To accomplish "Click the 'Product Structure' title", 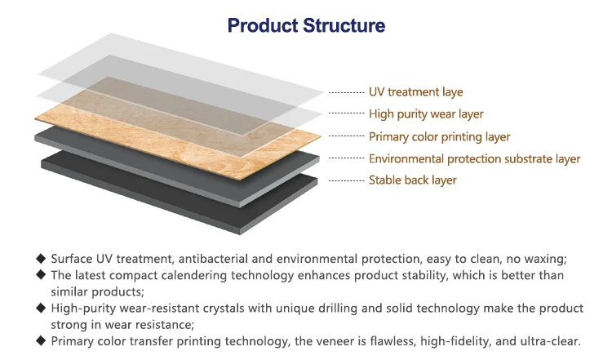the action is (306, 26).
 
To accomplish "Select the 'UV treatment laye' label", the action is (415, 92).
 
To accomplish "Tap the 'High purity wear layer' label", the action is (426, 114).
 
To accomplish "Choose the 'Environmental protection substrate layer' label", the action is (474, 158).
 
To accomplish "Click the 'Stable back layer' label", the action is (412, 180).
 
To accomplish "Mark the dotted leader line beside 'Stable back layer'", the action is (345, 180).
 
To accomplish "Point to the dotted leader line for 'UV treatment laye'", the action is (345, 92).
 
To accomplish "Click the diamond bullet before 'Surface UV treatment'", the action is (41, 257).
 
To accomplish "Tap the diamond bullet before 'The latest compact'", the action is (41, 274).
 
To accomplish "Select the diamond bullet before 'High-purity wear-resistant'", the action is (41, 308).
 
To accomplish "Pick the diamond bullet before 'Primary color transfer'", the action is (41, 341).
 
